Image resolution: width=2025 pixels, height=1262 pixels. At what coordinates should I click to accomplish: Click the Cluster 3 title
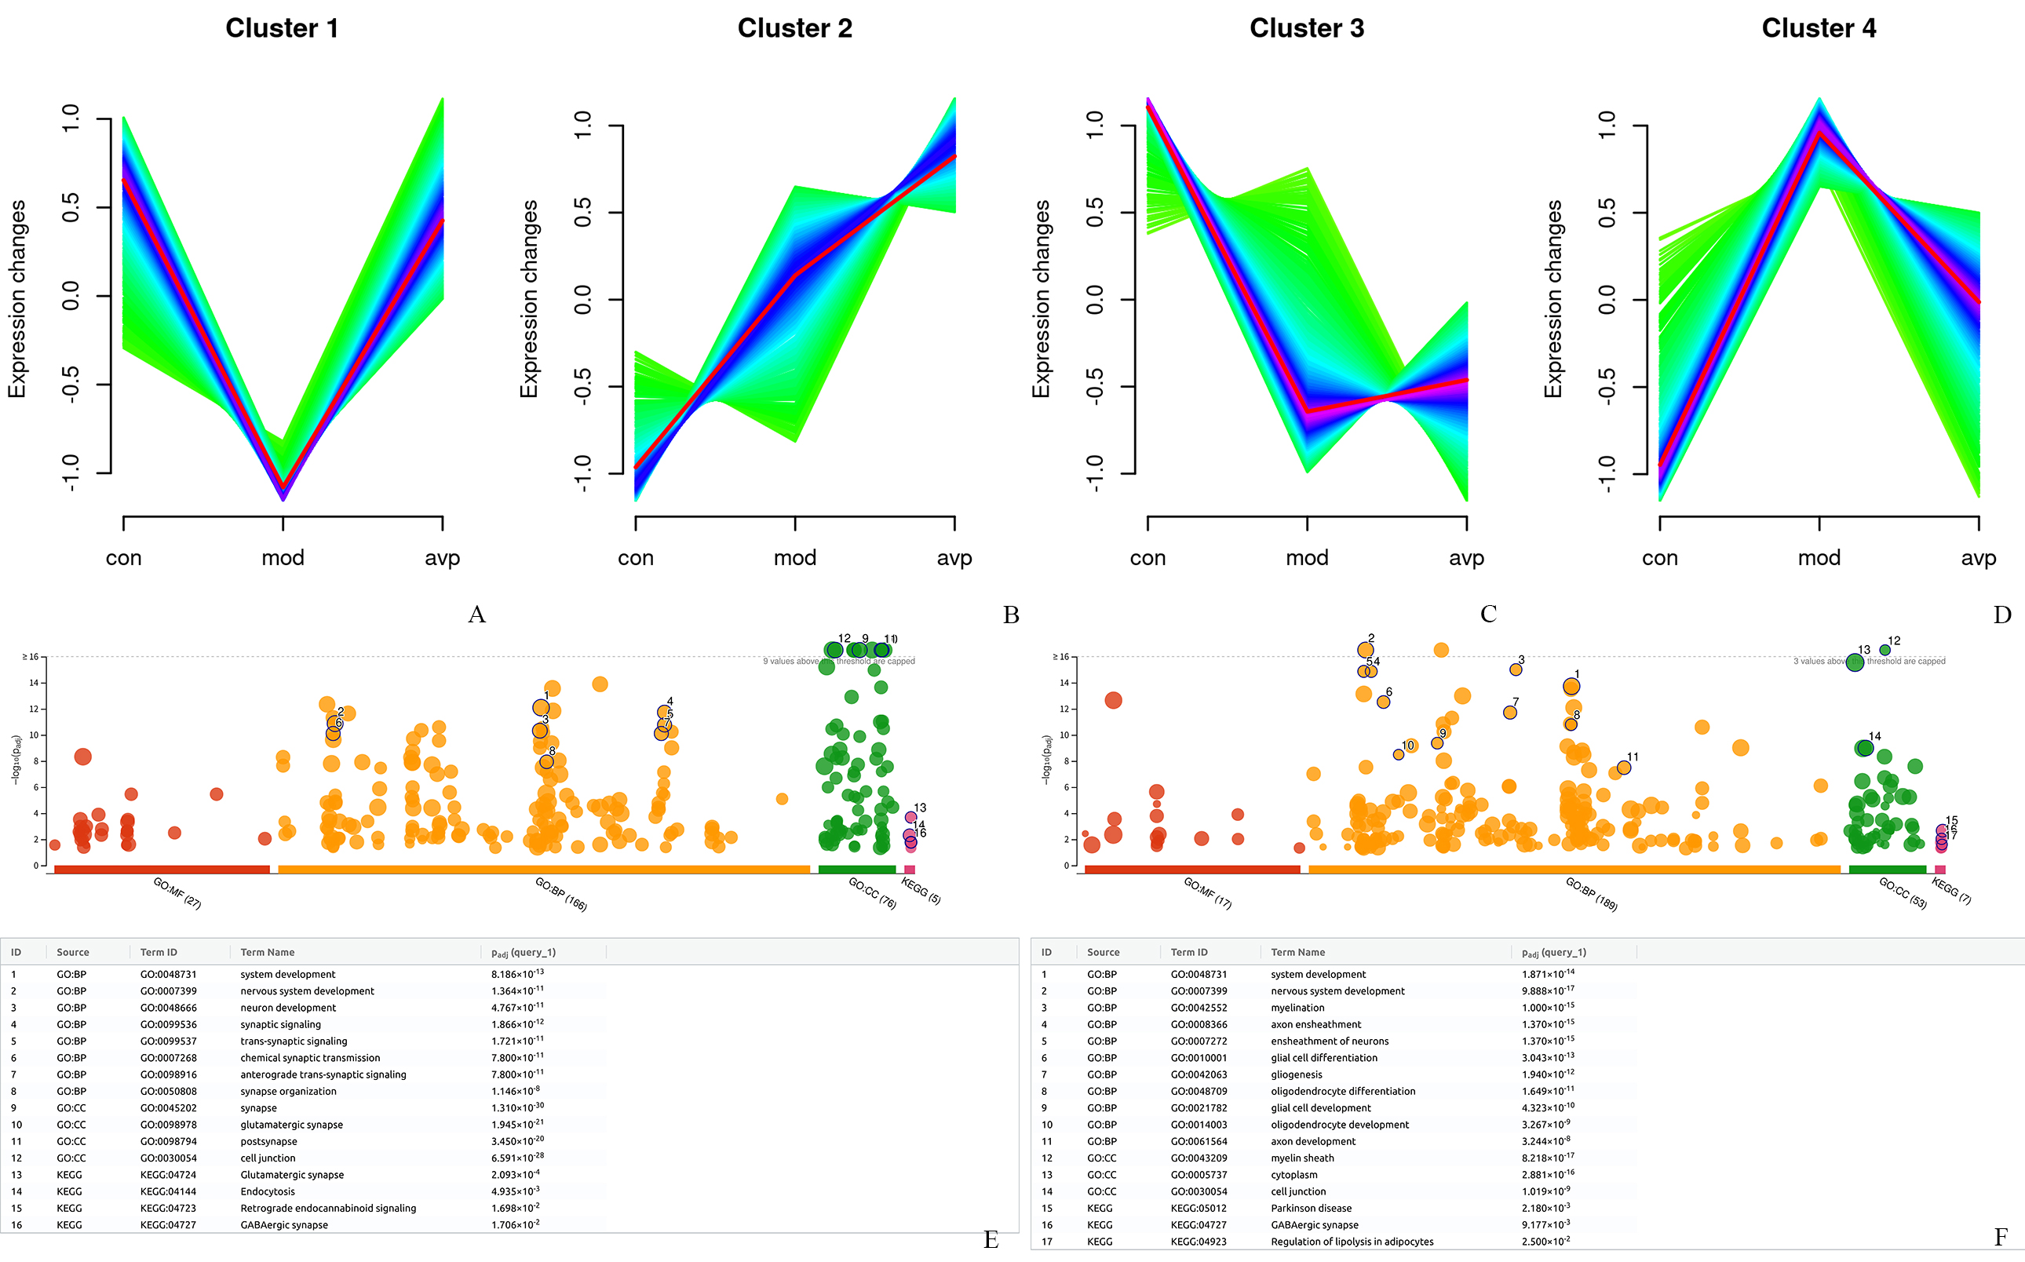[1306, 28]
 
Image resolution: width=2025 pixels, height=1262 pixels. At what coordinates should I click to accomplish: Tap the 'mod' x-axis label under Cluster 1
[283, 557]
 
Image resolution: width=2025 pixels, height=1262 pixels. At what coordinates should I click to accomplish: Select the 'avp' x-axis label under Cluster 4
[1978, 557]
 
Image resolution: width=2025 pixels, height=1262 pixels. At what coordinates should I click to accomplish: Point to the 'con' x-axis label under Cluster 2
[635, 557]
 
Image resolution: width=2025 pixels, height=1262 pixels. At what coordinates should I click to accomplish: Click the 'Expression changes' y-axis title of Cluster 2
[529, 298]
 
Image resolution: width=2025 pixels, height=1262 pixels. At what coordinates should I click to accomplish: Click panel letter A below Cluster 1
[476, 615]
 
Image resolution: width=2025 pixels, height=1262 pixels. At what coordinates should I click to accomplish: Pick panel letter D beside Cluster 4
[2001, 615]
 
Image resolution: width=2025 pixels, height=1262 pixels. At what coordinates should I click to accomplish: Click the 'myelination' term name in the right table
[1297, 1008]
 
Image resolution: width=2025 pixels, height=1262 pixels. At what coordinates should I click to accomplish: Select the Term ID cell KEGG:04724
[169, 1174]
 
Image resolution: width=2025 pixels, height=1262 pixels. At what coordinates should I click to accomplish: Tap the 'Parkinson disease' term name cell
[1311, 1208]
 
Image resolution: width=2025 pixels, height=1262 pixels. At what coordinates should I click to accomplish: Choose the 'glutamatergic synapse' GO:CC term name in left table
[291, 1125]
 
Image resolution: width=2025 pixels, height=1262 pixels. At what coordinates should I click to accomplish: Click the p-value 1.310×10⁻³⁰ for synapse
[517, 1107]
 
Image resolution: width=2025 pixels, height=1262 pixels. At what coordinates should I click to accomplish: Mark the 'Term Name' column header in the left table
[267, 952]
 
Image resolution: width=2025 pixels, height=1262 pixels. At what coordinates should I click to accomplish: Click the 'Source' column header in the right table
[1103, 952]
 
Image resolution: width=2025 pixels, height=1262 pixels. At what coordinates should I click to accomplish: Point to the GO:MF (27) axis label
[177, 893]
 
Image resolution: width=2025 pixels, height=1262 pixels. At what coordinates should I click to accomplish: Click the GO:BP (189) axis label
[1591, 894]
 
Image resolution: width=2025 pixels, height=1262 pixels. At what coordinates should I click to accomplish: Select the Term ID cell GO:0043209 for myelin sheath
[1199, 1158]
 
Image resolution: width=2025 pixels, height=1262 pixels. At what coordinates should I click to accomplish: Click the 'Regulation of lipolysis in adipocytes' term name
[1352, 1241]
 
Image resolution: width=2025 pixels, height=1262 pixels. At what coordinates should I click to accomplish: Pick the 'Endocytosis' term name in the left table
[267, 1191]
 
